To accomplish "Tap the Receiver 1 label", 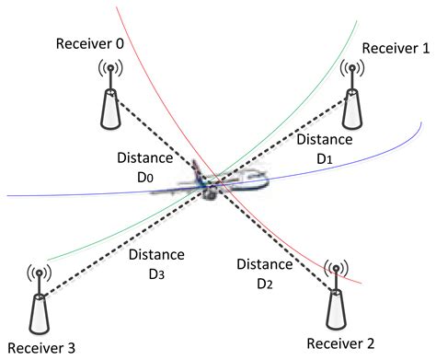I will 396,48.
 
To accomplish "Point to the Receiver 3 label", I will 39,346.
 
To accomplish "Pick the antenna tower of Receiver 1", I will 350,97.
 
